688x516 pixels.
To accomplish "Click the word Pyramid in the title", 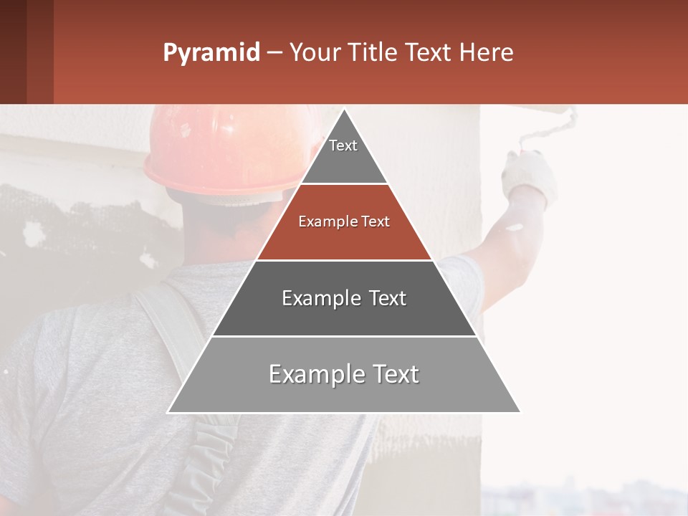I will tap(211, 53).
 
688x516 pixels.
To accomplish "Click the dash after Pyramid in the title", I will tap(274, 53).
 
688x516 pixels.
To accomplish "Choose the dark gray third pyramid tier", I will tap(344, 308).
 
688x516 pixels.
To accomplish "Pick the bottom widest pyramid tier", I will tap(344, 383).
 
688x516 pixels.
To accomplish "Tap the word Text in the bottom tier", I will tap(392, 374).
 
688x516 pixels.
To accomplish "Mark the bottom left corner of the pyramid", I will tap(168, 412).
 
